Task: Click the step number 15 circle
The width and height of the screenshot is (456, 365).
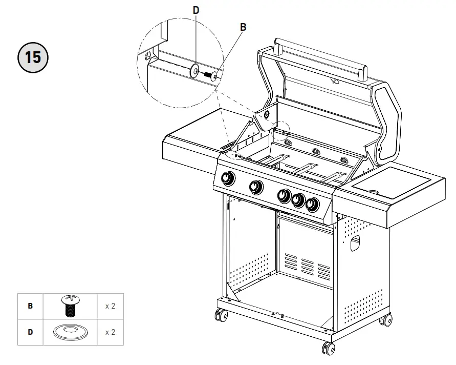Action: click(x=33, y=56)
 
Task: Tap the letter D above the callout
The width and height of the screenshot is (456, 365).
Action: click(x=196, y=10)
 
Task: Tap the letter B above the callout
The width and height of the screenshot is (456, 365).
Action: click(x=243, y=27)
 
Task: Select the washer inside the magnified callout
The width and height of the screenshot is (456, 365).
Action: click(x=194, y=72)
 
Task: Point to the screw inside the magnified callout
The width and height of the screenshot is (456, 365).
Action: click(x=211, y=76)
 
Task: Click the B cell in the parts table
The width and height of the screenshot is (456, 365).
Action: click(x=30, y=306)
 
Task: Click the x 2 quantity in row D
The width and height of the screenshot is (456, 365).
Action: click(x=110, y=332)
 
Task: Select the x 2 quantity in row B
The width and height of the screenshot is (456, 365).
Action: click(x=110, y=306)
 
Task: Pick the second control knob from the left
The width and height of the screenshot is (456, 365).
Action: click(x=256, y=187)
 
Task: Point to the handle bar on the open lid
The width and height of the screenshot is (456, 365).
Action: click(x=320, y=57)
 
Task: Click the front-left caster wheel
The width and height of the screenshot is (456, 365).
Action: click(x=222, y=315)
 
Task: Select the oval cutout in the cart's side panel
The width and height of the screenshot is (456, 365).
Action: click(x=356, y=245)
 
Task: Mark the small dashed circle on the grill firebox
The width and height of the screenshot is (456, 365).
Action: click(x=283, y=131)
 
